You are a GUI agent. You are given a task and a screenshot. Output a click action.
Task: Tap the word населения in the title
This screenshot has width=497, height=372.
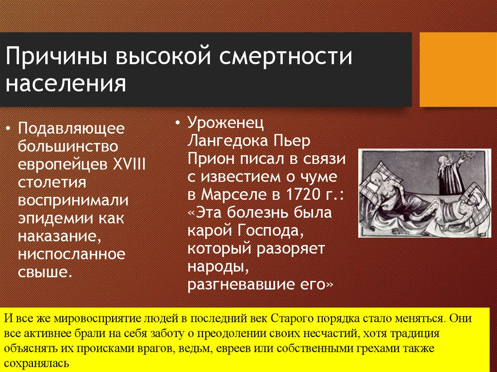66,83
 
